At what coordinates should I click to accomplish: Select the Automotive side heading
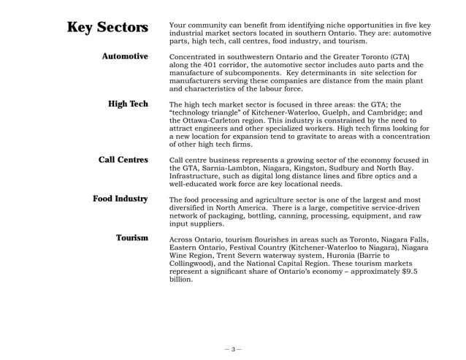(x=124, y=56)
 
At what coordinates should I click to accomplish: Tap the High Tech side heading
(x=128, y=104)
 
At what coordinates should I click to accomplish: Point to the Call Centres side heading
(x=123, y=160)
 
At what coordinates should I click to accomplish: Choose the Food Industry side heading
(x=120, y=199)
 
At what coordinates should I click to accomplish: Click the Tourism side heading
(x=131, y=238)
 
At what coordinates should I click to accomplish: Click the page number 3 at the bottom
(x=233, y=349)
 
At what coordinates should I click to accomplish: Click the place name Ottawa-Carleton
(x=209, y=121)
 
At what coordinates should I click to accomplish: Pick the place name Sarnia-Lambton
(x=222, y=168)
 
